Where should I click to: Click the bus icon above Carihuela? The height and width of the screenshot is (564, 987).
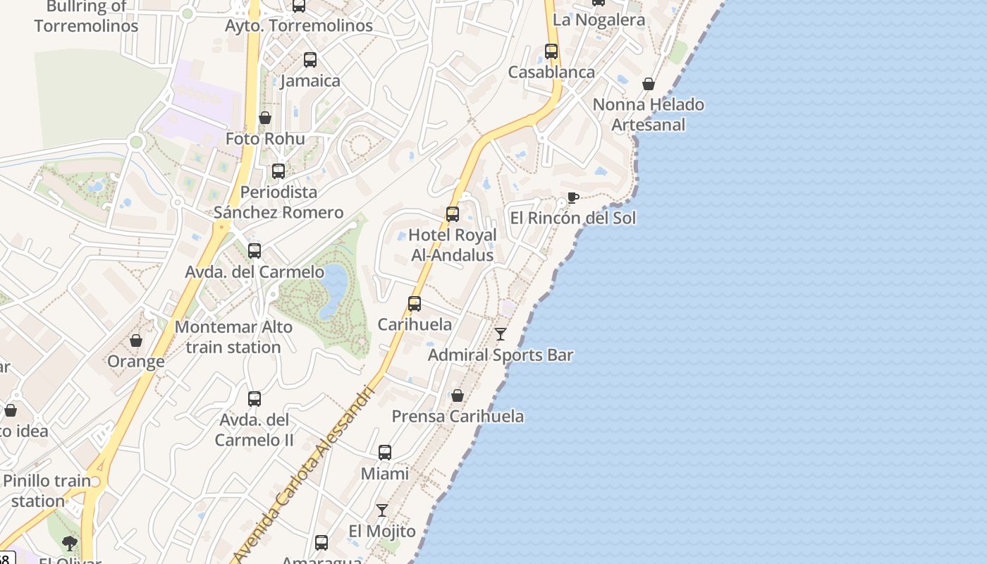(x=415, y=304)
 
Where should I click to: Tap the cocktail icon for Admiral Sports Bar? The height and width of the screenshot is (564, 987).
(x=501, y=333)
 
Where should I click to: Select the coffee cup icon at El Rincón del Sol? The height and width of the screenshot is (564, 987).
(x=572, y=198)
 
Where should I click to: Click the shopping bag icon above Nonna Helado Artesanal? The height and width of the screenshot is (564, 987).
(x=649, y=84)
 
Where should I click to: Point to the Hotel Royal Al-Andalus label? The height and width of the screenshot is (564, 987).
(x=453, y=245)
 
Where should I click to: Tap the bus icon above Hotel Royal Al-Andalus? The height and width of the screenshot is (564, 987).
(x=453, y=214)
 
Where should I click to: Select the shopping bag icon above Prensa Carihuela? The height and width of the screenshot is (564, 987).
(x=458, y=396)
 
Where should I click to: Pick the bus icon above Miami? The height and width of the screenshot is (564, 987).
(x=385, y=453)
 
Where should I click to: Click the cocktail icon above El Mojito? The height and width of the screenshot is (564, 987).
(x=382, y=510)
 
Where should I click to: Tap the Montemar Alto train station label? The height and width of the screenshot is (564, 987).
(x=233, y=337)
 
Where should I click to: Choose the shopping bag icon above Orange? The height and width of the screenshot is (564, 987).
(x=136, y=341)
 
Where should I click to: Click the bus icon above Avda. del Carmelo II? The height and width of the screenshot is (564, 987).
(x=255, y=399)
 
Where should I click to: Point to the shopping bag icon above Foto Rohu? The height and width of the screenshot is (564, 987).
(x=265, y=118)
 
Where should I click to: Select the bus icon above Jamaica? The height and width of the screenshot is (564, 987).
(x=310, y=60)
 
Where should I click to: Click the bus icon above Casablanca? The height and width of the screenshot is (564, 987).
(x=551, y=51)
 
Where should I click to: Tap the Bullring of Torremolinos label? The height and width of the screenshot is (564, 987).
(x=86, y=16)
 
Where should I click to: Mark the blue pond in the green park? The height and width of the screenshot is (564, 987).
(x=333, y=290)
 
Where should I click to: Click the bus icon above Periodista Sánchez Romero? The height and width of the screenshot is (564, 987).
(x=278, y=171)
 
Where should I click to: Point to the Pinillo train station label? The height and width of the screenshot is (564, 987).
(x=47, y=491)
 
